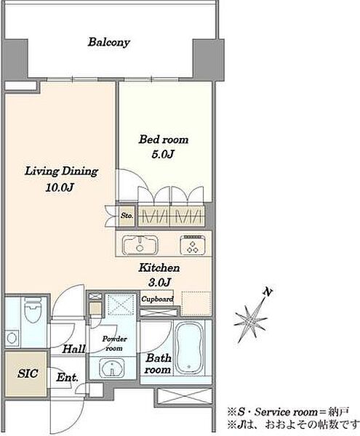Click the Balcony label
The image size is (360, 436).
[x=109, y=42]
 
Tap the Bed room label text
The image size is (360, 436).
[x=164, y=140]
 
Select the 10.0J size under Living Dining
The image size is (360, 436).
[x=59, y=187]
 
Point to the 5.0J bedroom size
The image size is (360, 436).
[x=163, y=154]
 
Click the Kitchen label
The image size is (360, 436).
[x=159, y=267]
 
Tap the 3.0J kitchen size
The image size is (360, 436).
[x=159, y=283]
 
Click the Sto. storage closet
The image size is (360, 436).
[x=127, y=216]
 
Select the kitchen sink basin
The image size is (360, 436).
[x=140, y=245]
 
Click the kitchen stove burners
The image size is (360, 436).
[x=193, y=245]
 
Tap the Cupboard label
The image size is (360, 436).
[x=157, y=299]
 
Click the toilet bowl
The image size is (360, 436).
[x=33, y=310]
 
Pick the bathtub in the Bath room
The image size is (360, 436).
[x=189, y=347]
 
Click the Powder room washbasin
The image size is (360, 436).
[x=112, y=368]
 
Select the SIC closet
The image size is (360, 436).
[x=26, y=374]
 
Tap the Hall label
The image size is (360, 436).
[x=73, y=349]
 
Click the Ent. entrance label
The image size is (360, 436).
[x=67, y=377]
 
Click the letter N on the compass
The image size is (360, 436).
[x=268, y=292]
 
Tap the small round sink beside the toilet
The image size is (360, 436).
[x=12, y=338]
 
